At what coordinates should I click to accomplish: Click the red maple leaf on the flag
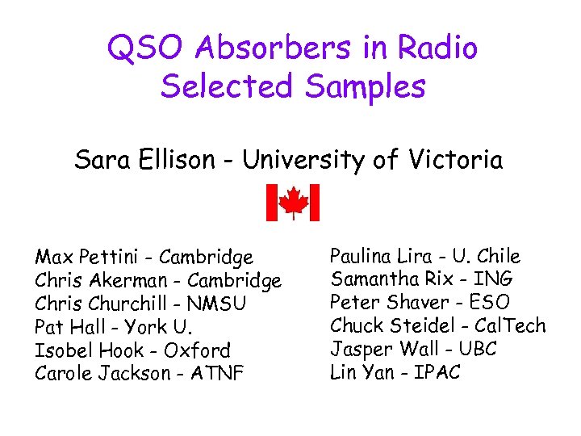pos(293,201)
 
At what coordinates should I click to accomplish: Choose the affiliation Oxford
pos(197,350)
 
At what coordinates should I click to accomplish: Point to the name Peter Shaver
pos(378,303)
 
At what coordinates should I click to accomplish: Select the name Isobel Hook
pos(87,350)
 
